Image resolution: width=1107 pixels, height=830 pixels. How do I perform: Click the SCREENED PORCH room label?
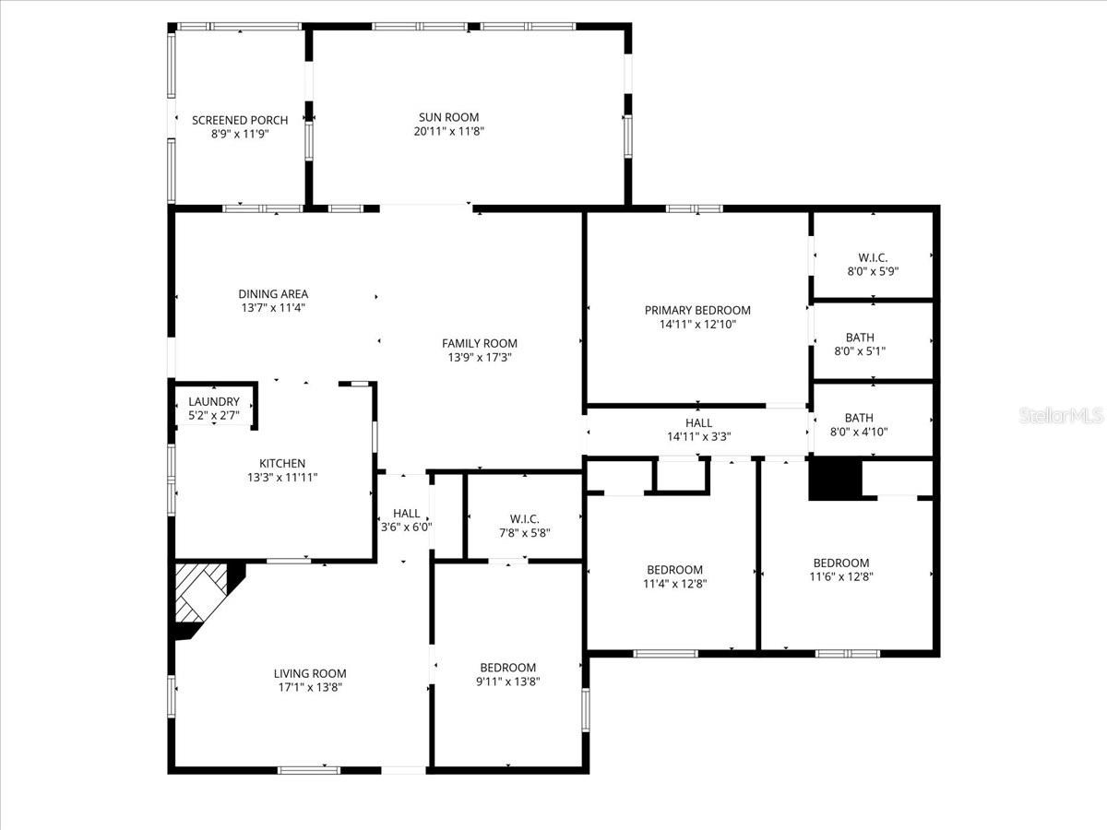pyautogui.click(x=240, y=120)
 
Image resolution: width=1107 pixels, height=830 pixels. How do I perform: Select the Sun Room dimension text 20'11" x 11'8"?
pyautogui.click(x=448, y=132)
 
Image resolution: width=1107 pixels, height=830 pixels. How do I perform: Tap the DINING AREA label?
pyautogui.click(x=274, y=294)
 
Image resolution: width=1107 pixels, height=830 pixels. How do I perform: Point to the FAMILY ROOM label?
pyautogui.click(x=480, y=343)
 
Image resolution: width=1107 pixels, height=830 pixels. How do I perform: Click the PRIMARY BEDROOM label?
pyautogui.click(x=697, y=311)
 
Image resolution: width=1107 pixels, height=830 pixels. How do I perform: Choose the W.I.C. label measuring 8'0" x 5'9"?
pyautogui.click(x=873, y=258)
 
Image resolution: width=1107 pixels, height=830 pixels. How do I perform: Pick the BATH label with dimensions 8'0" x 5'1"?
pyautogui.click(x=859, y=338)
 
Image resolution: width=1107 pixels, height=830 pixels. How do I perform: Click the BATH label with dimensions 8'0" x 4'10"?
pyautogui.click(x=859, y=418)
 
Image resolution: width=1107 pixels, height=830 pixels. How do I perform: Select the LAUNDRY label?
pyautogui.click(x=214, y=402)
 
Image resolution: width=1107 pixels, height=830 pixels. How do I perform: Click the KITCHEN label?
pyautogui.click(x=282, y=464)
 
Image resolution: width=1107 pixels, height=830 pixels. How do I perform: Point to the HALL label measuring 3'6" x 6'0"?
pyautogui.click(x=407, y=514)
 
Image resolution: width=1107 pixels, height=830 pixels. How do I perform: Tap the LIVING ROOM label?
pyautogui.click(x=310, y=673)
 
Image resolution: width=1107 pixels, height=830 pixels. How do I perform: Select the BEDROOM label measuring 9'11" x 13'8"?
pyautogui.click(x=507, y=668)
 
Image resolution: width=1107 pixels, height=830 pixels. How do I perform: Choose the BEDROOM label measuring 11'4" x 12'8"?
pyautogui.click(x=674, y=570)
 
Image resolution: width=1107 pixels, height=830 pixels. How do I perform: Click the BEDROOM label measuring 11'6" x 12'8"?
pyautogui.click(x=840, y=563)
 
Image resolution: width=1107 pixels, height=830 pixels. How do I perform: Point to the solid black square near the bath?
pyautogui.click(x=834, y=480)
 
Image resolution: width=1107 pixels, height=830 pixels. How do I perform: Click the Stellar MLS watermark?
pyautogui.click(x=1060, y=416)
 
